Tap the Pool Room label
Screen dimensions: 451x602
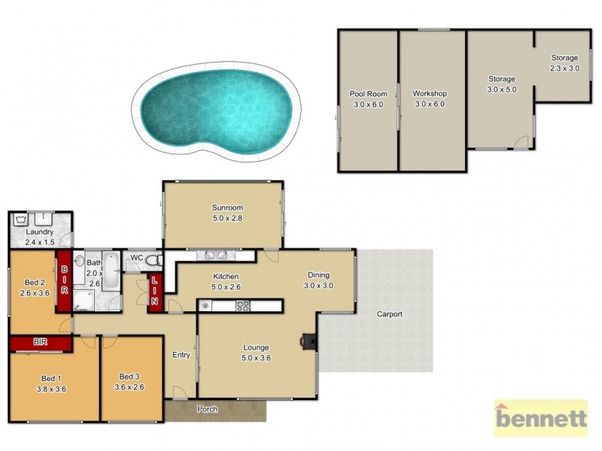(368, 99)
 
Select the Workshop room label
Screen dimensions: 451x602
(429, 98)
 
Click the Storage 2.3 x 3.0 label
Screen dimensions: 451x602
(564, 63)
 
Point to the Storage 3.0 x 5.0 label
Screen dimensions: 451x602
(501, 84)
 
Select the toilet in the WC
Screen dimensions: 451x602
(154, 260)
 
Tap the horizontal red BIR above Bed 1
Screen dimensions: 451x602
(41, 343)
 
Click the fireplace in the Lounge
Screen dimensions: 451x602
(309, 341)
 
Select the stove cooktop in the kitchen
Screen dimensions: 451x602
(243, 305)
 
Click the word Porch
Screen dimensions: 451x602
(207, 410)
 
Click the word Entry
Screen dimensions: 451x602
(181, 355)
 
